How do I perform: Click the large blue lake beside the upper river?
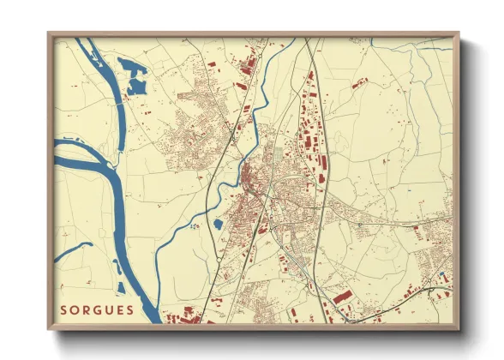[x=136, y=75]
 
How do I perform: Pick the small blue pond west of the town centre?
[x=218, y=225]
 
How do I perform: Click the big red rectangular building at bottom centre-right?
[x=342, y=297]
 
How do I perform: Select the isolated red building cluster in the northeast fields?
[x=360, y=83]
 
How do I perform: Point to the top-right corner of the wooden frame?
[x=459, y=33]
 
